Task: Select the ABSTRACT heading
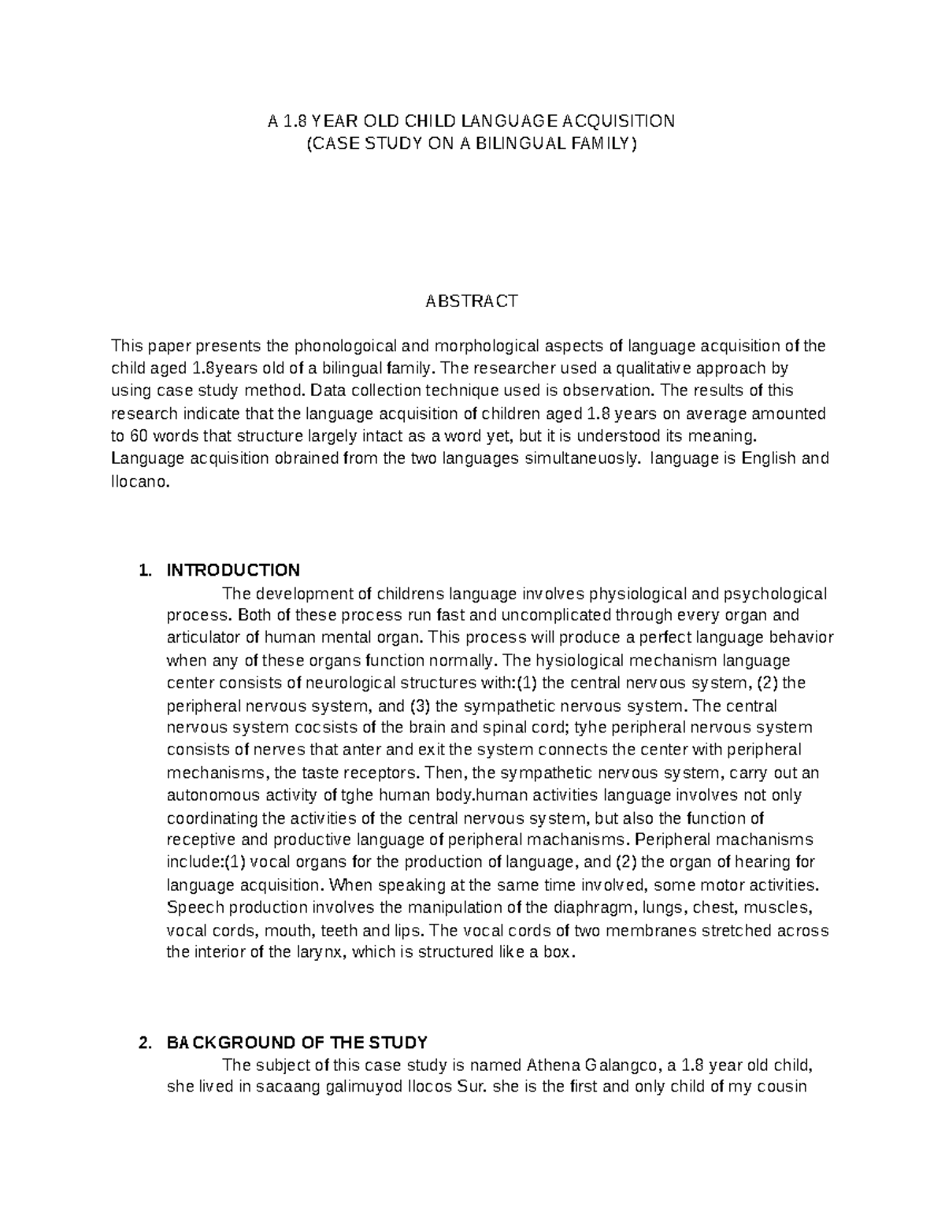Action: point(472,301)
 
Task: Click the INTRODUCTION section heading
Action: point(233,570)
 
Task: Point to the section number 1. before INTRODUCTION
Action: point(143,570)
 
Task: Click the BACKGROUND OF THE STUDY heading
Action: point(297,1043)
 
